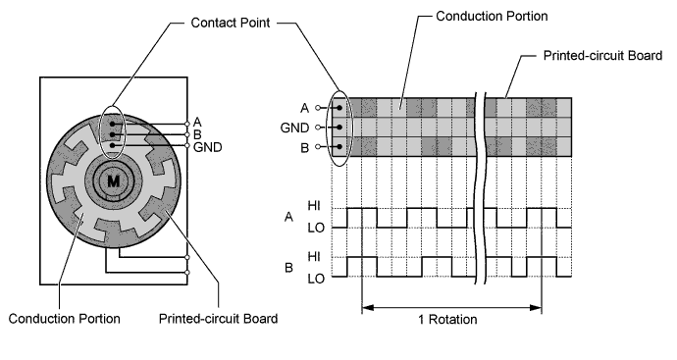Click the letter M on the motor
(113, 181)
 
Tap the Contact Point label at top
(231, 23)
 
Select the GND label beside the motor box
(208, 147)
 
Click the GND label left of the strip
(294, 128)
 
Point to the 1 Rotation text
(447, 320)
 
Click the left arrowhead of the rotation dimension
(367, 308)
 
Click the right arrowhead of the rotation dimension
(536, 308)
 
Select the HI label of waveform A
(314, 205)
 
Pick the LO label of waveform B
(316, 279)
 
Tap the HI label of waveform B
(314, 256)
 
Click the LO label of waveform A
(316, 228)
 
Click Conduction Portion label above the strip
(492, 16)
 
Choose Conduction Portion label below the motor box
(65, 319)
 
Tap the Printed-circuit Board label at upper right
(602, 56)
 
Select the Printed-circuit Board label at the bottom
(219, 319)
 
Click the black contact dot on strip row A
(339, 108)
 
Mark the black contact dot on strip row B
(339, 147)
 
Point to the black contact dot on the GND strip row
(339, 128)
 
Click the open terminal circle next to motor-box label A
(187, 124)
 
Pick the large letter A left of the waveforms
(288, 217)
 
